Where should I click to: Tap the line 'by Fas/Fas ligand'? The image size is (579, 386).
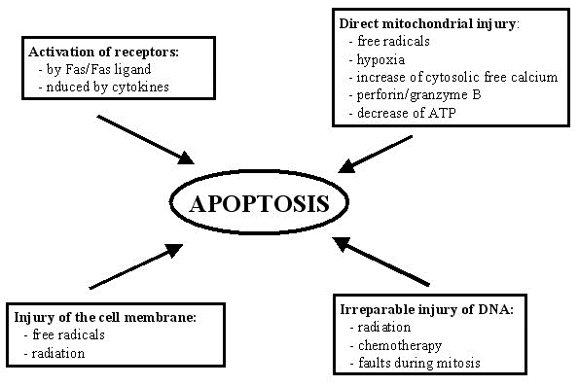(98, 71)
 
